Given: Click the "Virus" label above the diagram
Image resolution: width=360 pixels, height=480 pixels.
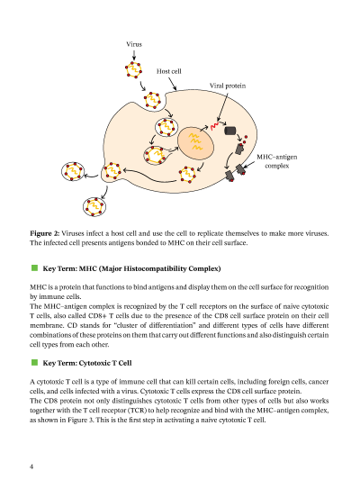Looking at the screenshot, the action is click(x=134, y=44).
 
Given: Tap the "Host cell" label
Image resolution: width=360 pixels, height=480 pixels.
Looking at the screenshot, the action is click(x=169, y=71).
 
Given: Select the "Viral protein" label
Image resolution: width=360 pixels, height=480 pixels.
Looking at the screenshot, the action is click(x=228, y=86).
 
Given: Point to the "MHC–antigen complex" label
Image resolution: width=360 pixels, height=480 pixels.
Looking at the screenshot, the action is click(x=277, y=161).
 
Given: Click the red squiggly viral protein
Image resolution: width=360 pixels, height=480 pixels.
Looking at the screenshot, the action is click(x=214, y=126).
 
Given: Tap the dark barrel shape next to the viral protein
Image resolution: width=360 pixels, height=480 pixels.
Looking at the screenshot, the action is click(x=230, y=131).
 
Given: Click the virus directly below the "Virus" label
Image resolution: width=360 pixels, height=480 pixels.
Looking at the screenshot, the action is click(x=134, y=70).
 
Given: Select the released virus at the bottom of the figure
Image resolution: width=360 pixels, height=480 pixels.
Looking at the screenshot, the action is click(x=94, y=206).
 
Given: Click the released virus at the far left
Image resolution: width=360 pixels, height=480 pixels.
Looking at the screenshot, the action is click(x=73, y=172).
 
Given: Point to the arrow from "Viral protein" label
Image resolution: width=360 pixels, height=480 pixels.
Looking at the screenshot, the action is click(x=222, y=106).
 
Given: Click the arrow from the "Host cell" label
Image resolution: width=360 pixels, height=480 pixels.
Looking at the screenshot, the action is click(x=173, y=84).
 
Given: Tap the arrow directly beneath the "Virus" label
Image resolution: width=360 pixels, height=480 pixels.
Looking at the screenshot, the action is click(x=134, y=55).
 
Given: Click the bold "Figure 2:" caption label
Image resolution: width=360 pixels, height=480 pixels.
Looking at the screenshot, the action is click(x=45, y=233).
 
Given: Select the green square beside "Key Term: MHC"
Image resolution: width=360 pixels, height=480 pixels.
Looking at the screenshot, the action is click(x=34, y=268).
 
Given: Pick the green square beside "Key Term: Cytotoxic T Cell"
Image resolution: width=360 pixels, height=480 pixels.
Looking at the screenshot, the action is click(x=34, y=362).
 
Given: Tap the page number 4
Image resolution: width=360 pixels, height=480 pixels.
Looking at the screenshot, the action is click(x=31, y=466).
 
